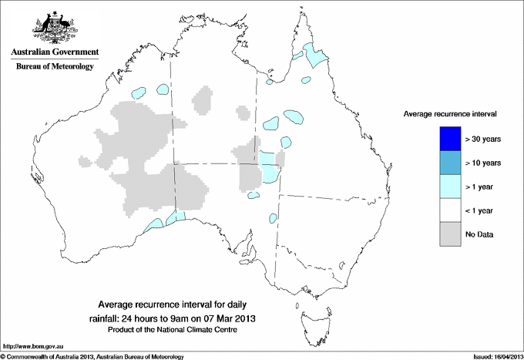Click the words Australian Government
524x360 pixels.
pyautogui.click(x=54, y=52)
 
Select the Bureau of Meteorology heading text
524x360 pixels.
pyautogui.click(x=54, y=67)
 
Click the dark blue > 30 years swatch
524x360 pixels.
pyautogui.click(x=450, y=139)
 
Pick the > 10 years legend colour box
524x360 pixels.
pyautogui.click(x=450, y=163)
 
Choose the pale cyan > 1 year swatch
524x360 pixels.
pyautogui.click(x=450, y=187)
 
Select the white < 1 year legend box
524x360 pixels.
pyautogui.click(x=450, y=210)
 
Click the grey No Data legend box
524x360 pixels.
pyautogui.click(x=450, y=234)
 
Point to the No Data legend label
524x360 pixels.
pyautogui.click(x=480, y=234)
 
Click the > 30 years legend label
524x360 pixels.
pyautogui.click(x=484, y=139)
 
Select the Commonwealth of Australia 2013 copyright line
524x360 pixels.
pyautogui.click(x=92, y=356)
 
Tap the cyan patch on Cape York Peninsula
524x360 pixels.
pyautogui.click(x=314, y=55)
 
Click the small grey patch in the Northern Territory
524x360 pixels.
pyautogui.click(x=203, y=99)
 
